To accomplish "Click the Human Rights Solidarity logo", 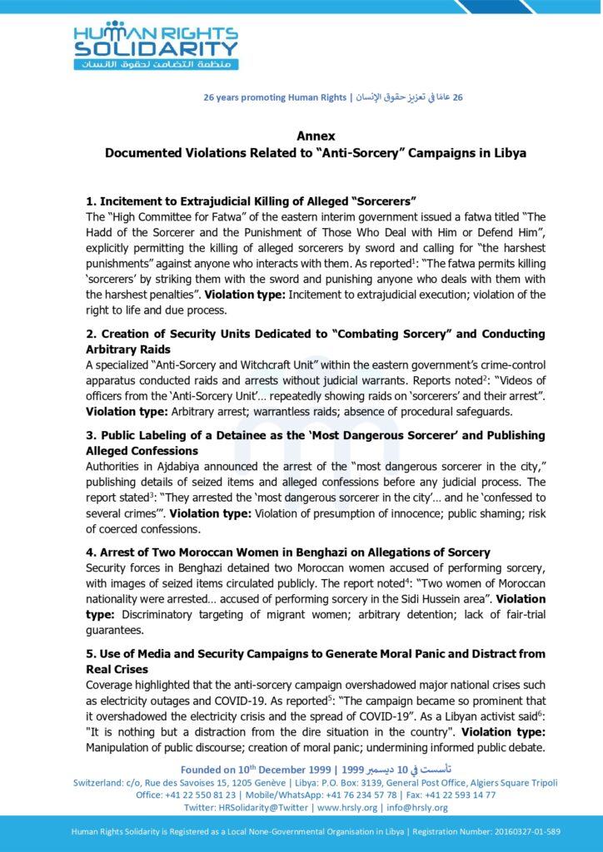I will click(x=155, y=45).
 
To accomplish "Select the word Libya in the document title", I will click(x=508, y=153).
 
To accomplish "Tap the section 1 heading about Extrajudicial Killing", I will click(x=251, y=201).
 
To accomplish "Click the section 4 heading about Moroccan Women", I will click(x=288, y=552).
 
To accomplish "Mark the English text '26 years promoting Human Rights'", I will click(x=275, y=97).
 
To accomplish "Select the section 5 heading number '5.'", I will click(x=92, y=655).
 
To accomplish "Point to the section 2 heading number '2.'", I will click(x=92, y=334).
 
